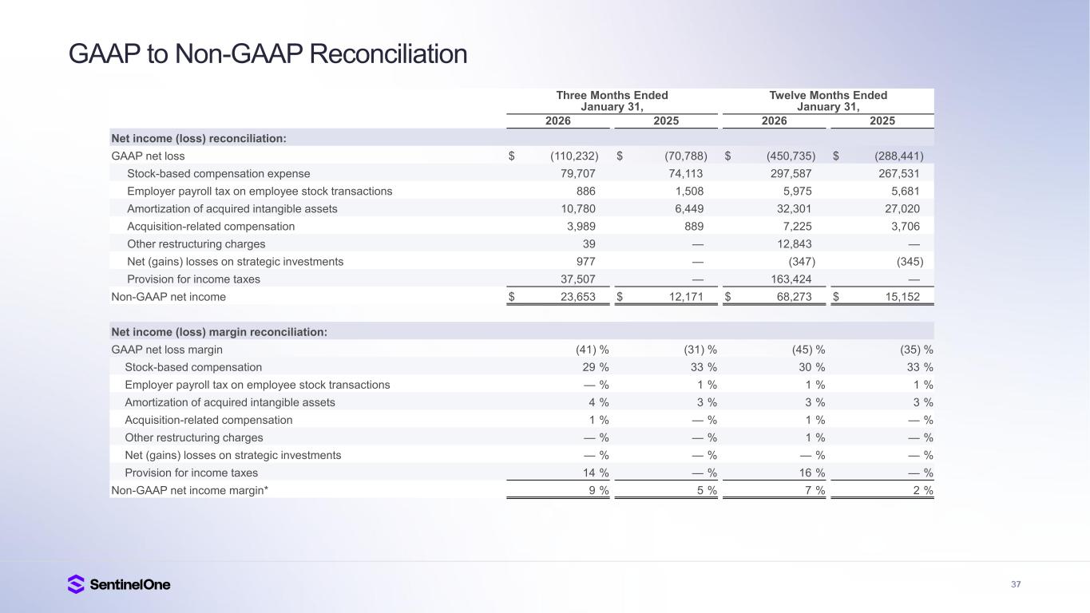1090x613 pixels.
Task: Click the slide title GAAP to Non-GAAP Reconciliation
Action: click(x=268, y=54)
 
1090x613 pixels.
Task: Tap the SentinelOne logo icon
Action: click(x=76, y=584)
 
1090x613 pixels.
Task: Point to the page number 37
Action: click(x=1016, y=584)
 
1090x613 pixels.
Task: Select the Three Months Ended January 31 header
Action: click(x=612, y=101)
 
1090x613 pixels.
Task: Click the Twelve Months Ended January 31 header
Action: click(x=827, y=101)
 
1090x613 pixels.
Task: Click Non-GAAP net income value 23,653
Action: click(x=576, y=297)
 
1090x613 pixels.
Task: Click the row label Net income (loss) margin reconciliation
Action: click(x=219, y=332)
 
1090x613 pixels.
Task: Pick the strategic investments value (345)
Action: click(x=906, y=261)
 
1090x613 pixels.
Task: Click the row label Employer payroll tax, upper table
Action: click(x=260, y=191)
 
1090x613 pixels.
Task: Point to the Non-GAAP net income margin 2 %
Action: click(x=922, y=490)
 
